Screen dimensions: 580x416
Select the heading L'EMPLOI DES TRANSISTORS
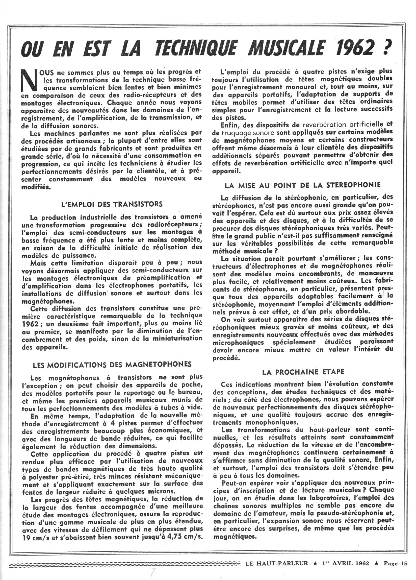click(x=112, y=204)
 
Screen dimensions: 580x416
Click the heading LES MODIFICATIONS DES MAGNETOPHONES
click(x=112, y=364)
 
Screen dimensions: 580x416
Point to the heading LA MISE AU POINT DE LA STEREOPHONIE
click(x=303, y=185)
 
